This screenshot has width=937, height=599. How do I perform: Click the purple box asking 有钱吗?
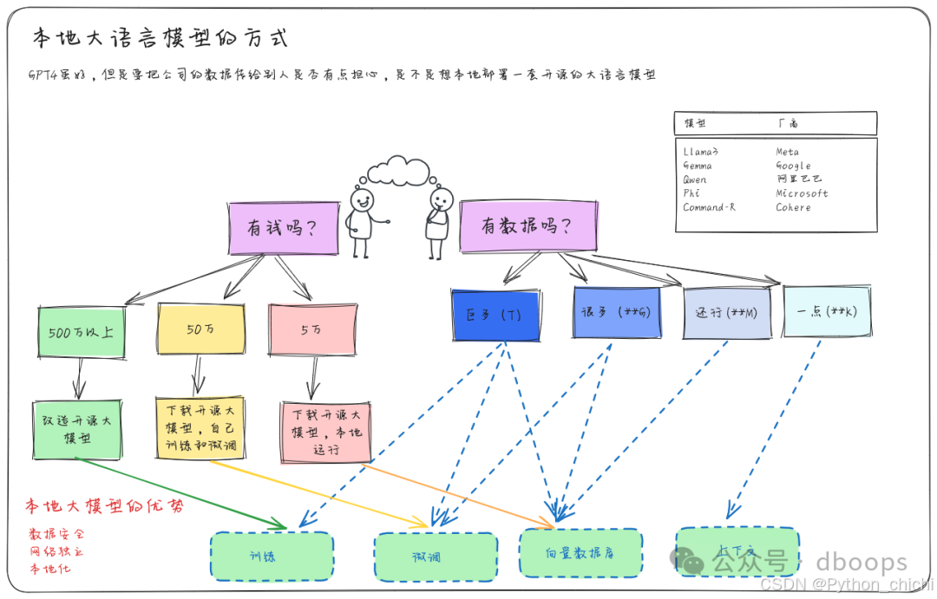282,229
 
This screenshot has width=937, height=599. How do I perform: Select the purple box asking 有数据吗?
527,227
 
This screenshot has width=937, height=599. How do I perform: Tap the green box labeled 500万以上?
81,331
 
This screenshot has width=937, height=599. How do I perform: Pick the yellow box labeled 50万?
200,329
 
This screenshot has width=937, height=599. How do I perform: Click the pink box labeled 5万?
311,330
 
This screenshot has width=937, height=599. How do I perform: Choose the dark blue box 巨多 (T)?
495,314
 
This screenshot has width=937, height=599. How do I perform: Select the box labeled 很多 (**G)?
616,312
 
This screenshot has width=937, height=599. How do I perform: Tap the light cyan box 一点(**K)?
825,311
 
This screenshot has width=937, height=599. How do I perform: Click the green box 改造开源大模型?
77,429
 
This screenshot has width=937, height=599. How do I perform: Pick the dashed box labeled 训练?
272,557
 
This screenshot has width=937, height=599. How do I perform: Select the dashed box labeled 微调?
436,557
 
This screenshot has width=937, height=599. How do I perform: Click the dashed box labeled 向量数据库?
581,552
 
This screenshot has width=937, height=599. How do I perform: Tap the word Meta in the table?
788,152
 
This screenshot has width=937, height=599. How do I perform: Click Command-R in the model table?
710,208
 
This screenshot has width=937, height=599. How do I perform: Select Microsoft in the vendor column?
802,193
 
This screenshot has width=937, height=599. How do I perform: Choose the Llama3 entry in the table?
701,152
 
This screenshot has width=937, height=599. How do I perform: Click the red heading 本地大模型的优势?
104,507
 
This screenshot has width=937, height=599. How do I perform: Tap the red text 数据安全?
57,534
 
